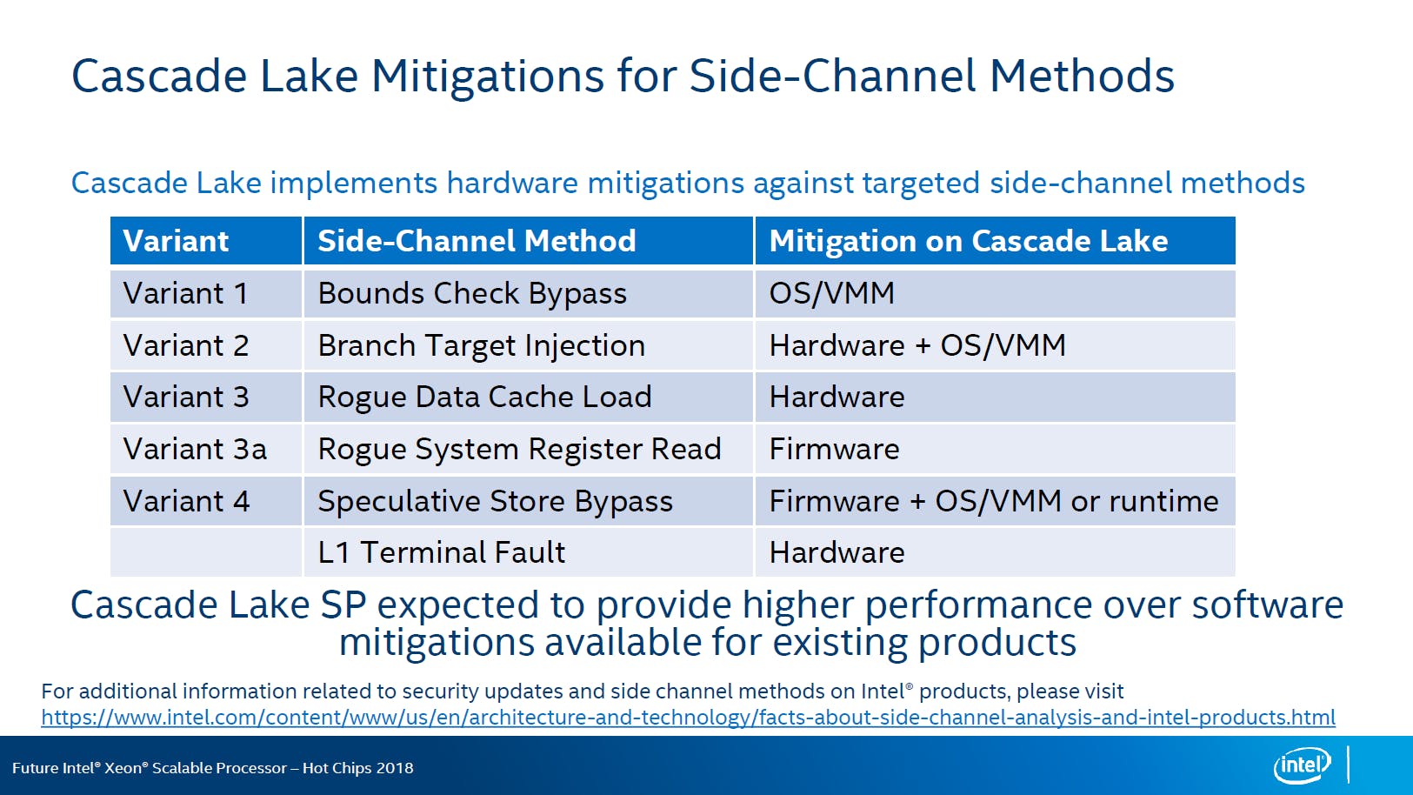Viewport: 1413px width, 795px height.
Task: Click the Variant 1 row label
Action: point(185,293)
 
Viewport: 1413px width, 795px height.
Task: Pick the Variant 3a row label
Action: point(195,449)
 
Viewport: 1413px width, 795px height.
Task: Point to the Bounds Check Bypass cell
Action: point(472,294)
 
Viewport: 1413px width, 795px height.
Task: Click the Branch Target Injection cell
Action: point(482,346)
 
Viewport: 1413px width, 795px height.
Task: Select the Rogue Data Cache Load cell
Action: point(484,397)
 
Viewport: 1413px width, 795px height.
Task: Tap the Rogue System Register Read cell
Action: point(519,450)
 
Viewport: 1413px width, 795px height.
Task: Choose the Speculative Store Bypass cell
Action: point(495,502)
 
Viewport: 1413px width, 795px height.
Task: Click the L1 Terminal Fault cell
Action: point(442,552)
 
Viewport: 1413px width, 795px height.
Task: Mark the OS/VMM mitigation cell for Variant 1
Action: point(832,293)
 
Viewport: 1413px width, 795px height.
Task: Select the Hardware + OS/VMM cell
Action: point(918,346)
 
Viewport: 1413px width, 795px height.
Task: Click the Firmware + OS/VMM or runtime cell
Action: point(994,501)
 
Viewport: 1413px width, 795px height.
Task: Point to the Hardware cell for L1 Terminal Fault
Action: point(837,552)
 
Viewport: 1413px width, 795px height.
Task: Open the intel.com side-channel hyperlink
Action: point(688,718)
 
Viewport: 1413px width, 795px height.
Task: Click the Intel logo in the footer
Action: point(1302,765)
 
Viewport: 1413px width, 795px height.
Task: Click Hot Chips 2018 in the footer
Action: point(357,768)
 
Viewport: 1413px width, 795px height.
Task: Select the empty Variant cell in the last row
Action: point(205,552)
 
